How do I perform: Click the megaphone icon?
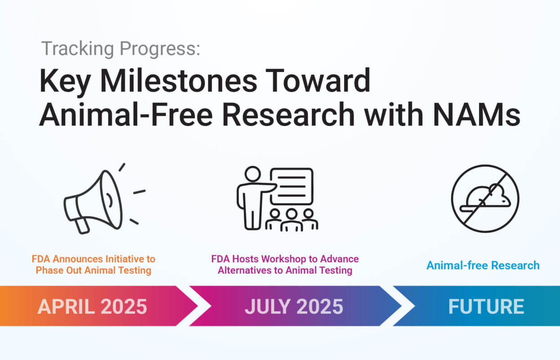pos(100,200)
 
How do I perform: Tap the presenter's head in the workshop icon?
pos(252,174)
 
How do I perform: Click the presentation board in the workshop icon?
pos(291,186)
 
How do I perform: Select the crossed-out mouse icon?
pos(485,198)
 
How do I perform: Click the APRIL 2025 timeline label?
pos(92,306)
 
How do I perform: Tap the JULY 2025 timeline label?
pos(294,306)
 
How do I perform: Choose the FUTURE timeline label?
pos(486,306)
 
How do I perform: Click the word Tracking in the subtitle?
pos(78,49)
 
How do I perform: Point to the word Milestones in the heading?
pos(178,81)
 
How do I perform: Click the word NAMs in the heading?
pos(477,115)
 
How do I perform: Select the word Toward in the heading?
pos(318,81)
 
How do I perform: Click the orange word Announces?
pos(76,259)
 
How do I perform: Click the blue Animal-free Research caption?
pos(483,265)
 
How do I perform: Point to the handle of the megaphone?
pos(82,226)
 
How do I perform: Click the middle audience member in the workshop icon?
pos(291,220)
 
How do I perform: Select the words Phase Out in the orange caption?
pos(59,270)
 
